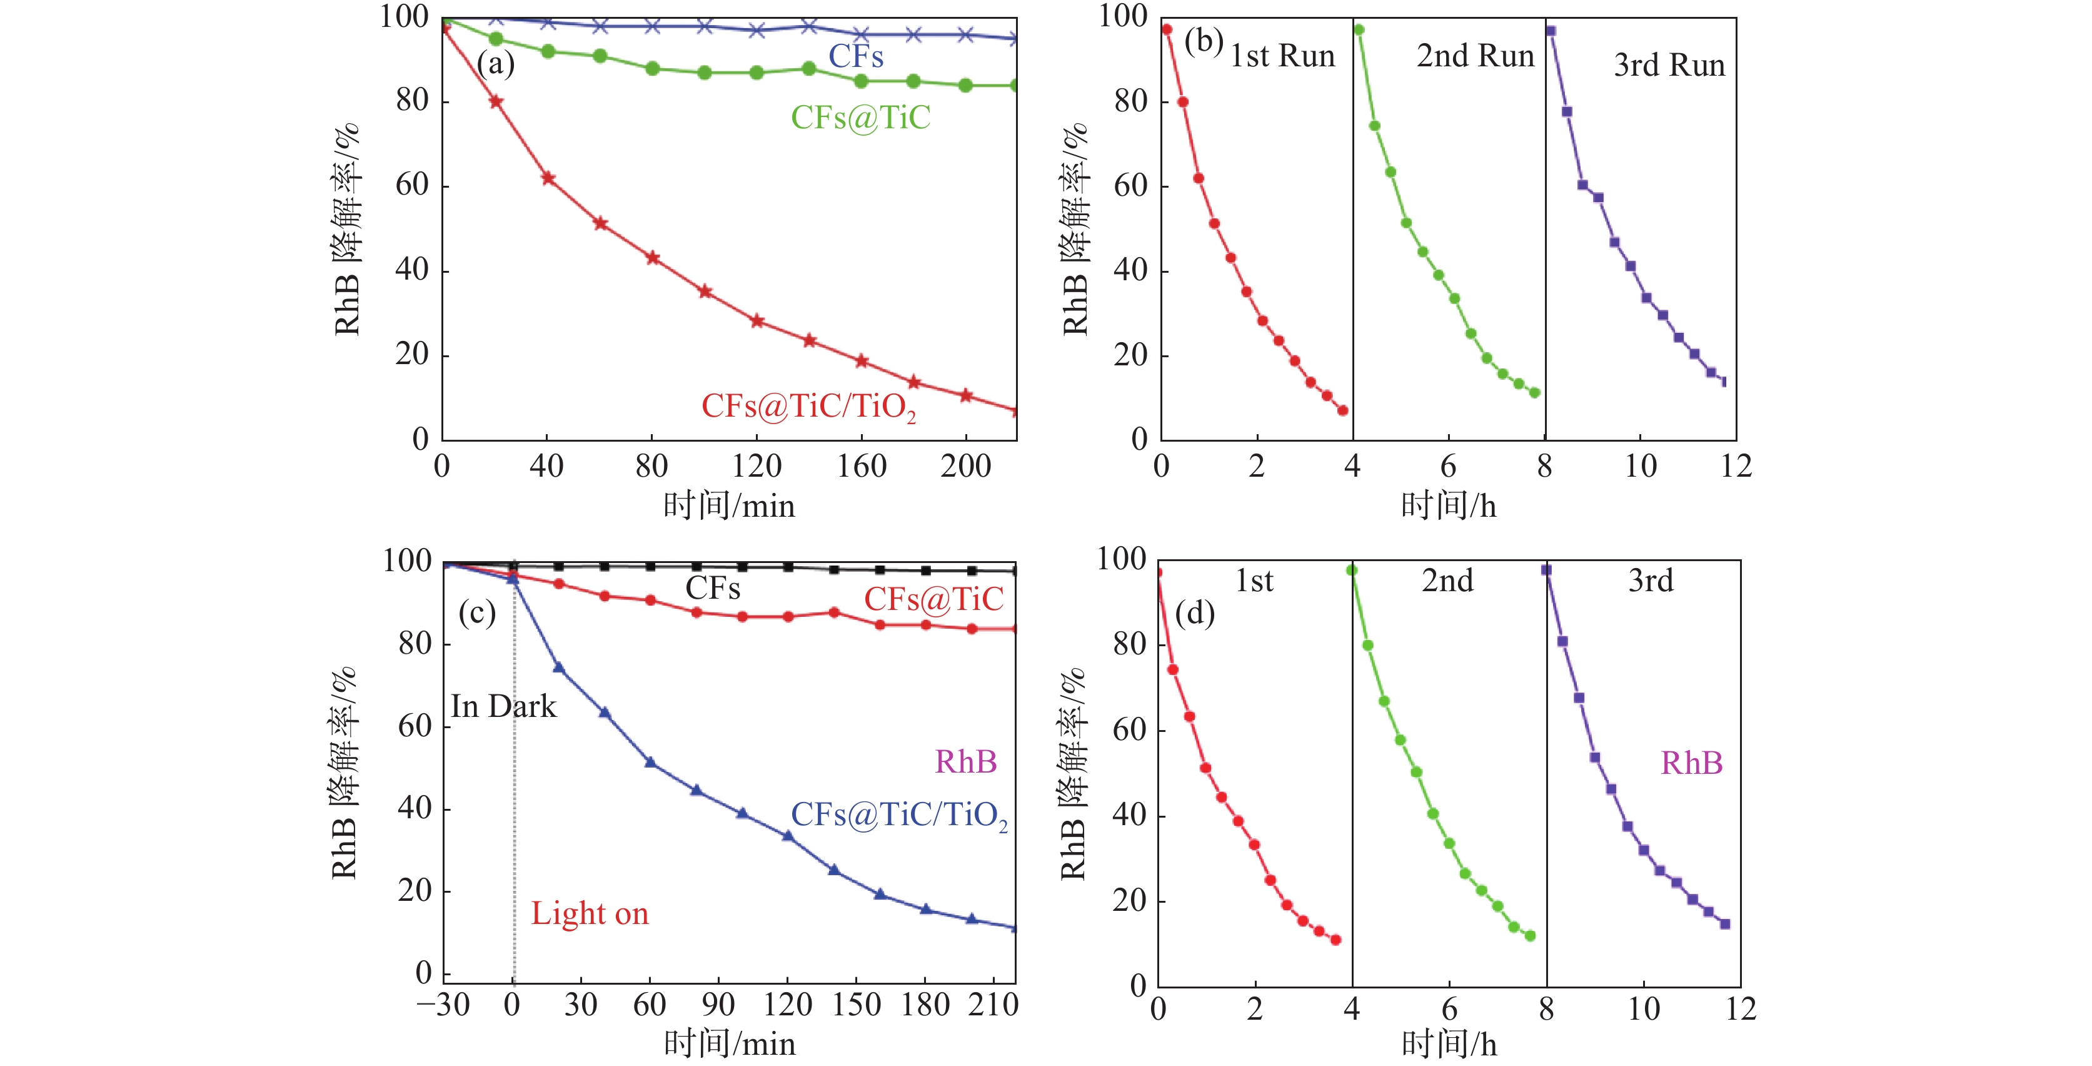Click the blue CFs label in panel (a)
coord(855,56)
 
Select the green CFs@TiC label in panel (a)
coord(860,117)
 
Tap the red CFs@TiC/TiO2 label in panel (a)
coord(808,406)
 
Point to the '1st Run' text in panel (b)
coord(1282,56)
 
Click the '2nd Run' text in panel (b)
coord(1475,56)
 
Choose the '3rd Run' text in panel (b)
coord(1669,65)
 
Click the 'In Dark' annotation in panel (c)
coord(503,706)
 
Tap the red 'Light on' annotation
coord(590,913)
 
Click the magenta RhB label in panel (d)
coord(1692,763)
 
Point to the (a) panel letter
coord(495,63)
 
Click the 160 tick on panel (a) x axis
coord(861,467)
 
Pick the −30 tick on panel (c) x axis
coord(443,1005)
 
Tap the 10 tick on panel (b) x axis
coord(1641,467)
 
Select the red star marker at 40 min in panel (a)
coord(548,178)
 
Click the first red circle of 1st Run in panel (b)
coord(1167,29)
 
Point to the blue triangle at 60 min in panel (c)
coord(650,762)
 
